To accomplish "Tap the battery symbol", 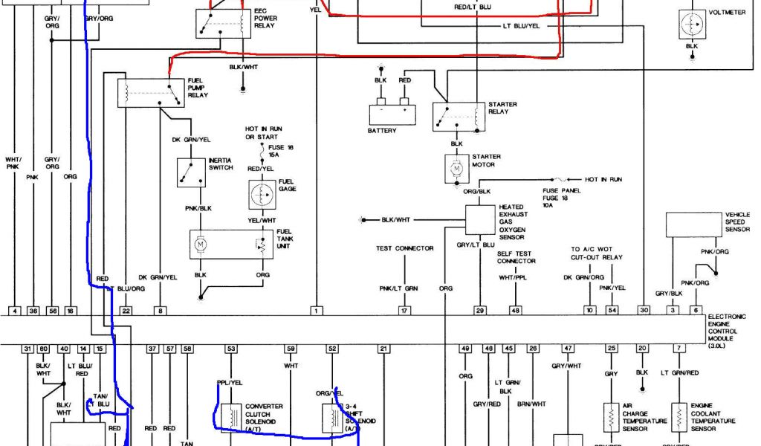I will point(393,113).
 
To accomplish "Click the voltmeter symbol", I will point(691,24).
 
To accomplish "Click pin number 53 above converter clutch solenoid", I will point(231,349).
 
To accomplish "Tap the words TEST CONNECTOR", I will point(404,248).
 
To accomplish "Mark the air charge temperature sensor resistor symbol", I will point(611,418).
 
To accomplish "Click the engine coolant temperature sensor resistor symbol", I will point(679,418).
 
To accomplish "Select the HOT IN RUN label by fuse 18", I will point(603,180).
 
